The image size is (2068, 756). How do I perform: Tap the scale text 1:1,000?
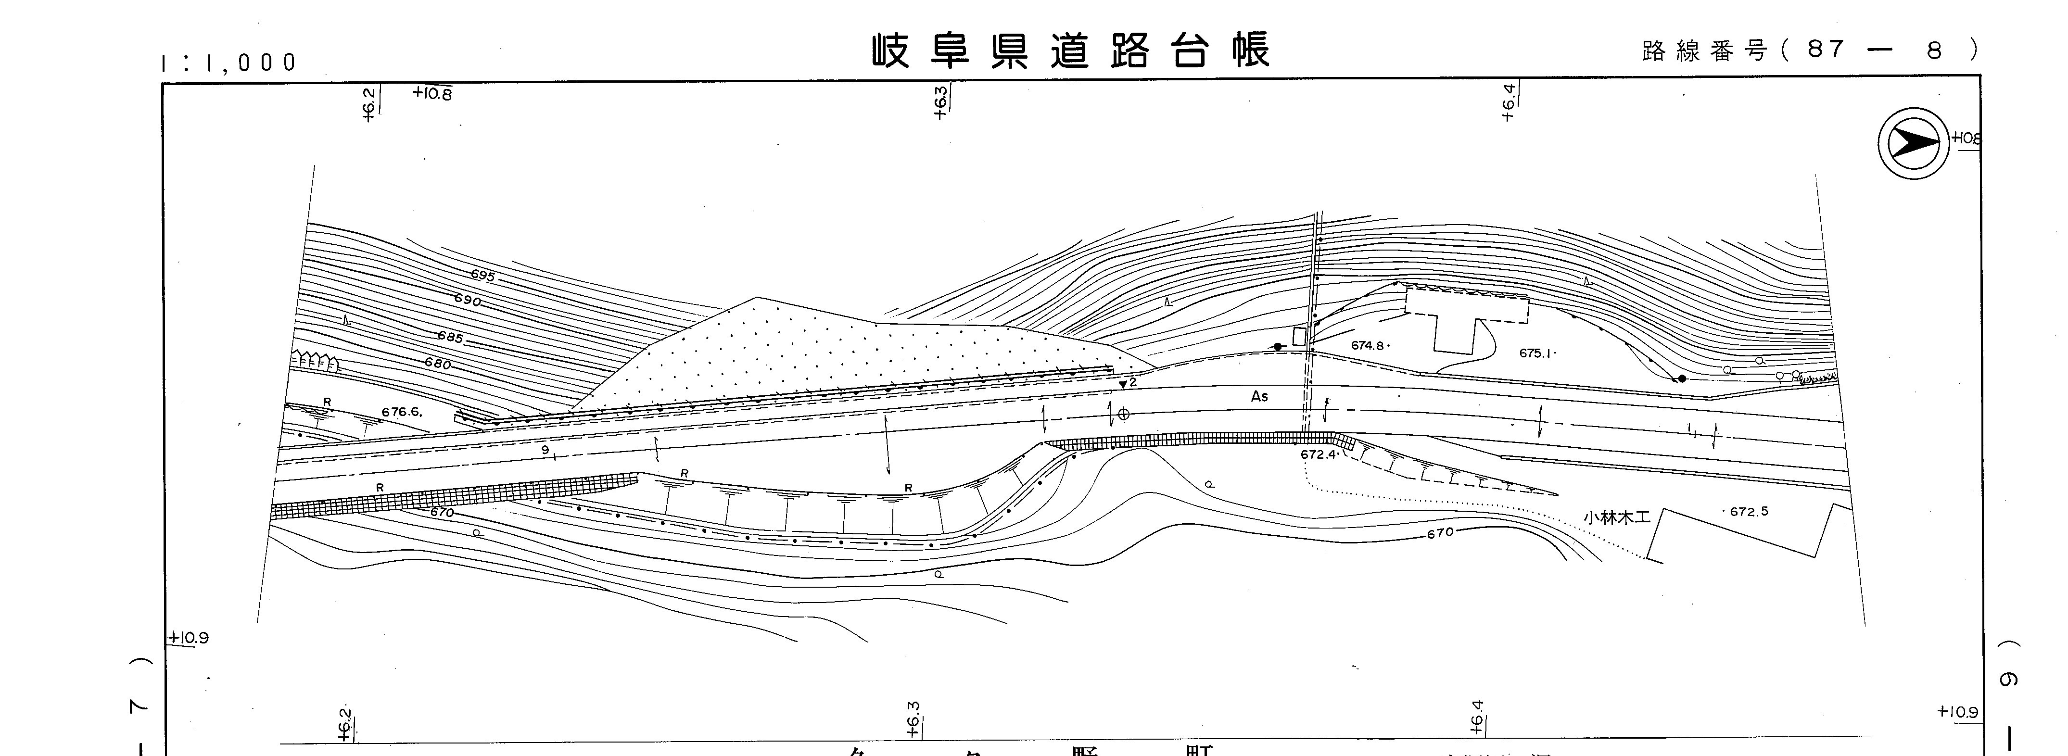(229, 63)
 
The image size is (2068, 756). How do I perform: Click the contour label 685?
(450, 337)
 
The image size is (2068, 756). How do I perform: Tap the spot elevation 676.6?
(401, 412)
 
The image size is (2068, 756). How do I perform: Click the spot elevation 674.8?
(1368, 346)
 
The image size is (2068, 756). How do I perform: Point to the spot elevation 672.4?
(1318, 454)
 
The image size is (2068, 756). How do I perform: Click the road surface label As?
(1259, 396)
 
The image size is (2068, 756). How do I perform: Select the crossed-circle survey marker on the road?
(1124, 414)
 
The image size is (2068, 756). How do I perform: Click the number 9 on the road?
(545, 450)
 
